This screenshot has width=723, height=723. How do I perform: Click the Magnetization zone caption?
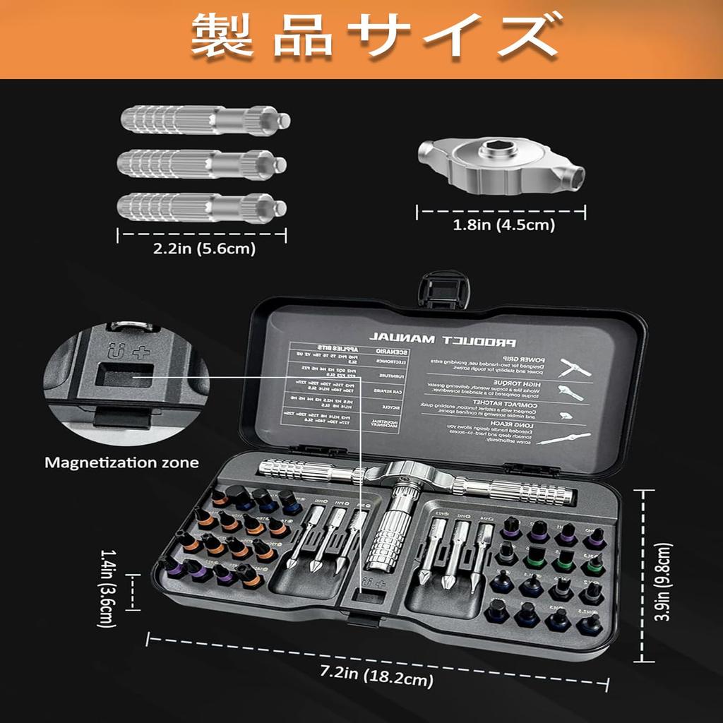pyautogui.click(x=121, y=463)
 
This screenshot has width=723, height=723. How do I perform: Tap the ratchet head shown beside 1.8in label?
pyautogui.click(x=501, y=168)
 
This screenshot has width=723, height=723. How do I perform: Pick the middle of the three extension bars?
pyautogui.click(x=202, y=164)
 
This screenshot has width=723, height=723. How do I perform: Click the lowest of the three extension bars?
pyautogui.click(x=202, y=208)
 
